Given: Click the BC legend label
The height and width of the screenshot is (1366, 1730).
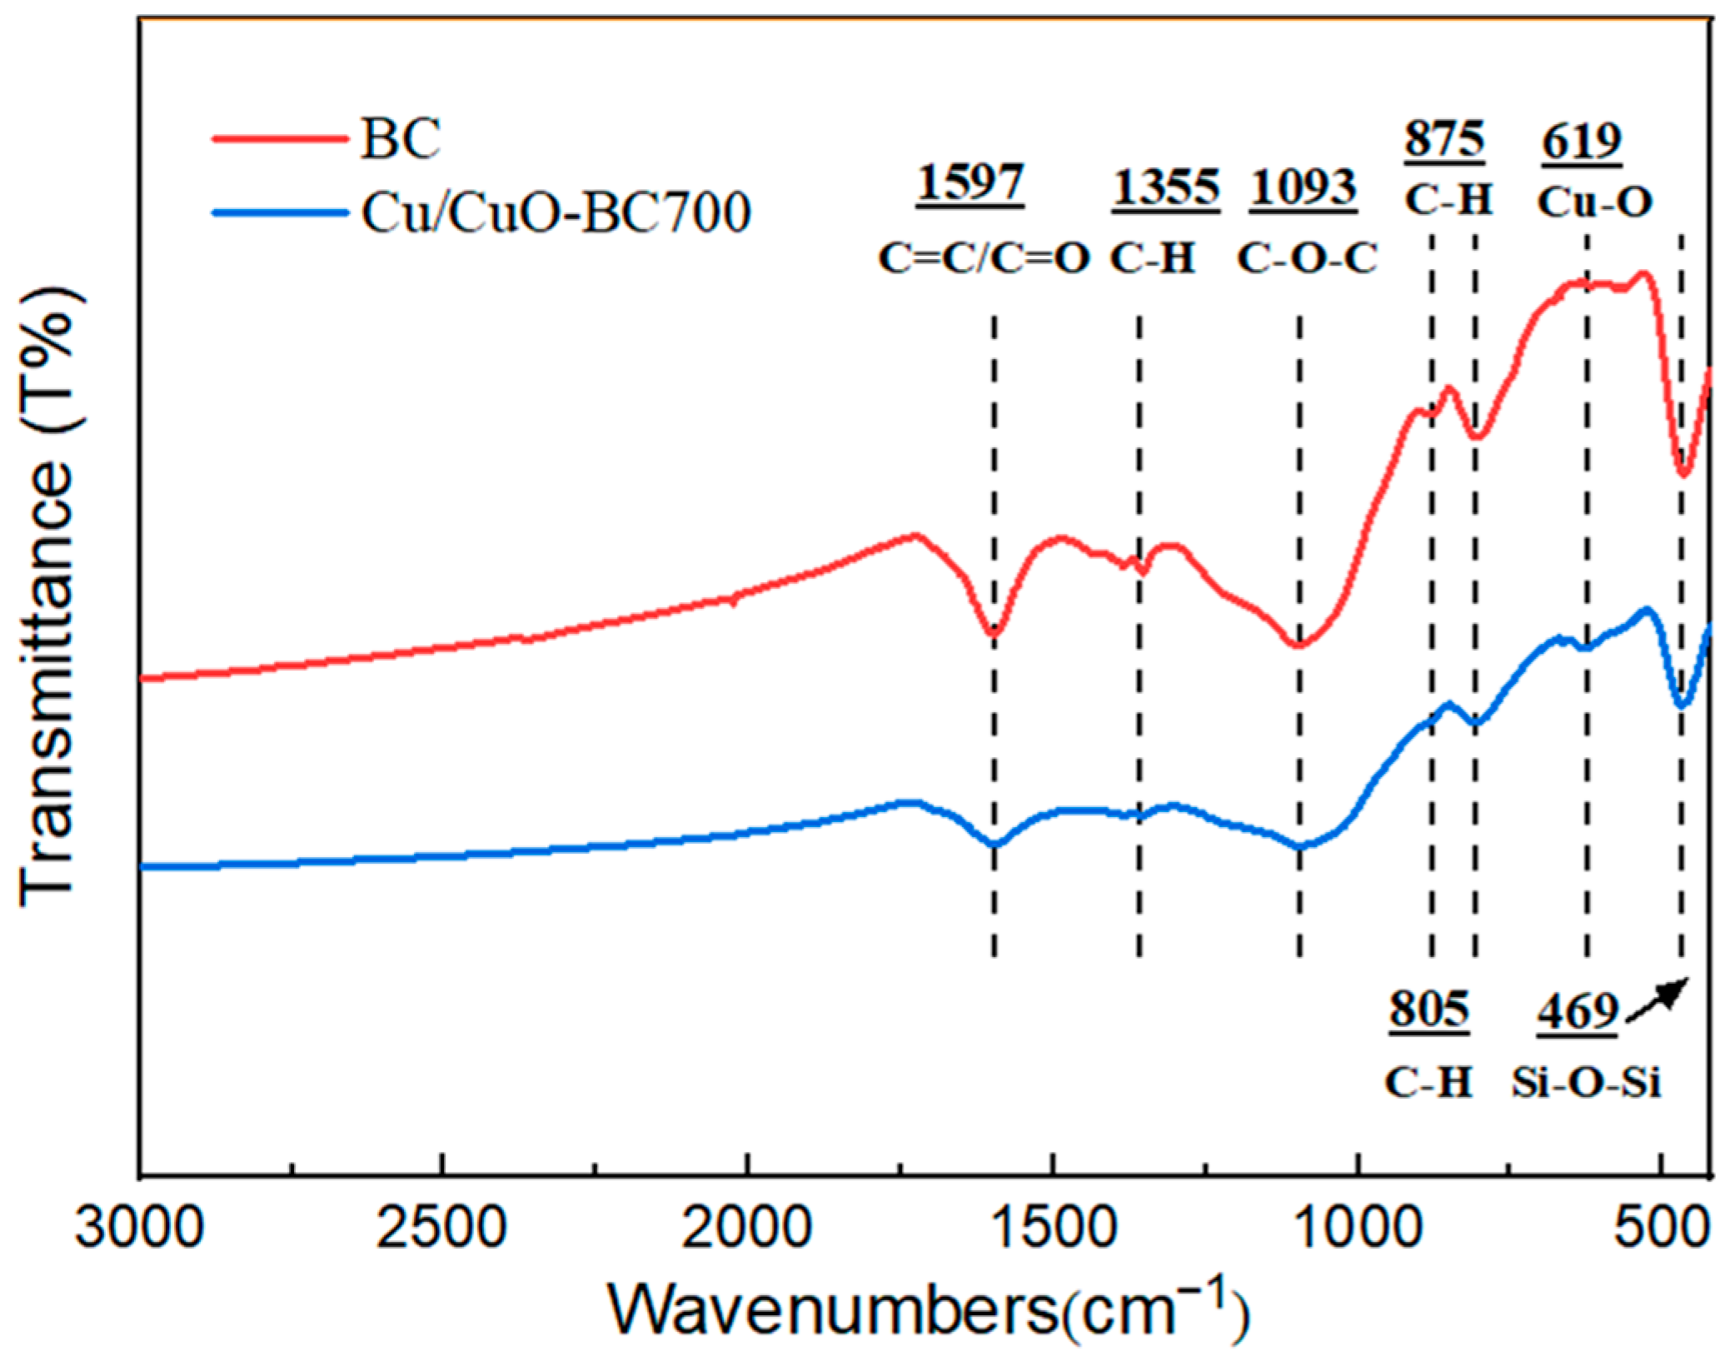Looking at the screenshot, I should click(x=401, y=138).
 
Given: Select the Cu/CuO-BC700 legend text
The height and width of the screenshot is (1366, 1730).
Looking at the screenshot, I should click(x=556, y=212).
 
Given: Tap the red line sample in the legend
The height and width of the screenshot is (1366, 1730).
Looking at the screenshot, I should click(x=279, y=138).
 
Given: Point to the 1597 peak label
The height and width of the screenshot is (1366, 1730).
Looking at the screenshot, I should click(x=970, y=183).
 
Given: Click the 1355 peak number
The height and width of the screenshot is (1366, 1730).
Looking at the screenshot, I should click(x=1166, y=187).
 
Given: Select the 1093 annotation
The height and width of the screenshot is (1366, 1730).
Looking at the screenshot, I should click(x=1303, y=187).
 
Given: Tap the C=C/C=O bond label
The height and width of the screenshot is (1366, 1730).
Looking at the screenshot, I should click(x=984, y=258).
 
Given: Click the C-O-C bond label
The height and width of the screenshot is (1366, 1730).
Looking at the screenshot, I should click(x=1307, y=258).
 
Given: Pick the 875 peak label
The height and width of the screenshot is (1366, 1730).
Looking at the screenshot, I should click(x=1444, y=139).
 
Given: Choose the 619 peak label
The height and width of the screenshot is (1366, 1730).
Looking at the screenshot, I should click(x=1581, y=142).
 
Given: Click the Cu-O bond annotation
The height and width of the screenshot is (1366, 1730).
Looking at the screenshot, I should click(x=1594, y=202).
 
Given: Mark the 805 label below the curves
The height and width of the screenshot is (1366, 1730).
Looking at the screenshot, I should click(x=1428, y=1010).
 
